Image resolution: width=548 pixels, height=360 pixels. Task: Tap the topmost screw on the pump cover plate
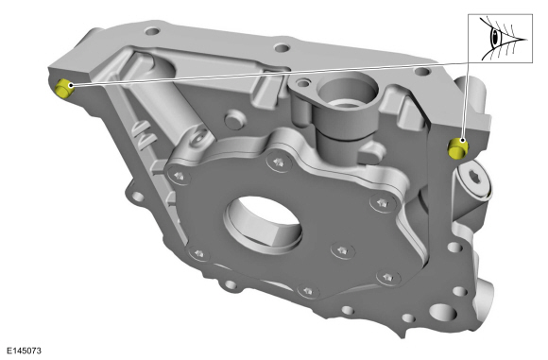pos(282,165)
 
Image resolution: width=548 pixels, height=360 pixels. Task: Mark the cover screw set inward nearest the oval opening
pos(338,250)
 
